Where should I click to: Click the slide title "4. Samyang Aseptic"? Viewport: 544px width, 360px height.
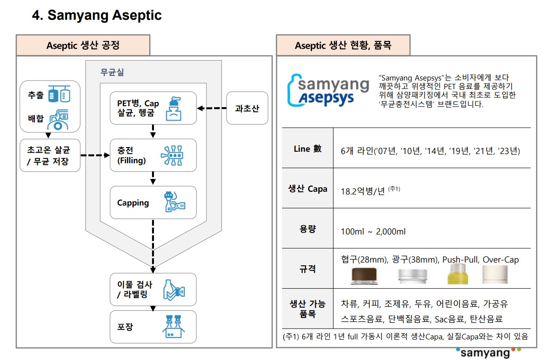[x=96, y=15]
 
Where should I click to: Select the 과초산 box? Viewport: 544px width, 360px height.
[x=247, y=109]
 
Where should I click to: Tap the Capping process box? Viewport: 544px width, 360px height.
[x=153, y=202]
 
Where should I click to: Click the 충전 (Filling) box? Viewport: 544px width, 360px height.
[x=153, y=155]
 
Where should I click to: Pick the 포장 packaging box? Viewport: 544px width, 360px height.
[x=153, y=327]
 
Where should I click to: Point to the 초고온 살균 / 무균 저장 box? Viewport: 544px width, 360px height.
[x=50, y=155]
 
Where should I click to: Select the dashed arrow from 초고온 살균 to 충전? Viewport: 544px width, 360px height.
[x=96, y=155]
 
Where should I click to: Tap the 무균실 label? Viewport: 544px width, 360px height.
[x=112, y=72]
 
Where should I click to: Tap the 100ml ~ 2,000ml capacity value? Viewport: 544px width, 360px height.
[x=373, y=231]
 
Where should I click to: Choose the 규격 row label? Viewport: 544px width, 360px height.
[x=307, y=268]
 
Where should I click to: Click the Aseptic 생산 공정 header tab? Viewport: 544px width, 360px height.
[x=83, y=46]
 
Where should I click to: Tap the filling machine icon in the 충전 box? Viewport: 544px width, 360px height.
[x=173, y=155]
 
